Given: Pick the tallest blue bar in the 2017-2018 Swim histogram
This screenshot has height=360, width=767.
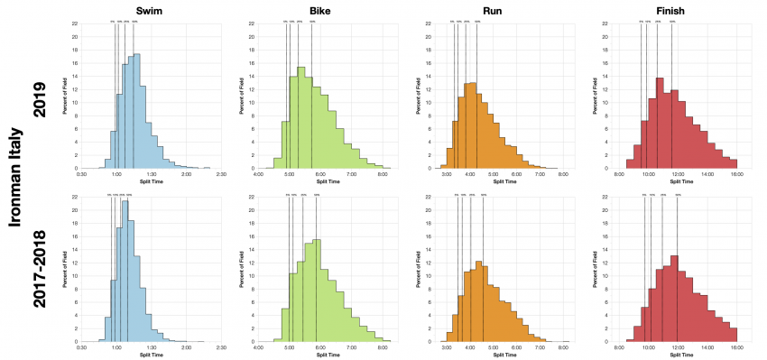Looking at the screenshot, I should (x=125, y=271).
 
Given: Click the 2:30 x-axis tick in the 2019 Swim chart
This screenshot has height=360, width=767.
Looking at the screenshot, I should (x=222, y=173).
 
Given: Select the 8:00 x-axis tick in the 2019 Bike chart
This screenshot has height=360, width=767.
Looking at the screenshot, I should (x=383, y=173).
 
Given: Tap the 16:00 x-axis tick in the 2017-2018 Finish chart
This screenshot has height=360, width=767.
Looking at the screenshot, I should (x=736, y=347).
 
